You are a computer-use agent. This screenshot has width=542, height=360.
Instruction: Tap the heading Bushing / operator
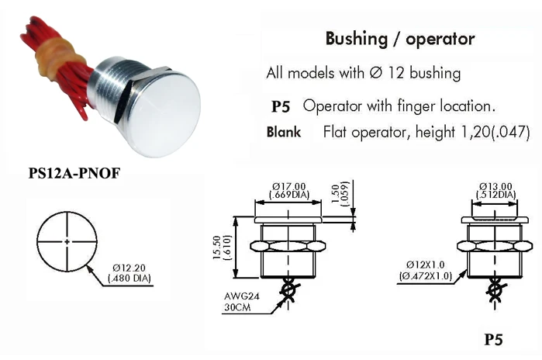pos(399,39)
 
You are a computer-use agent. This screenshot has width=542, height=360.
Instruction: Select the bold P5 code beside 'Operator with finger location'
pos(280,106)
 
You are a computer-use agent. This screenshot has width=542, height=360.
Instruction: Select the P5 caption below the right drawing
pos(493,339)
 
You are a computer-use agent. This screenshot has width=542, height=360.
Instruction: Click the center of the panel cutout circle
pos(67,242)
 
